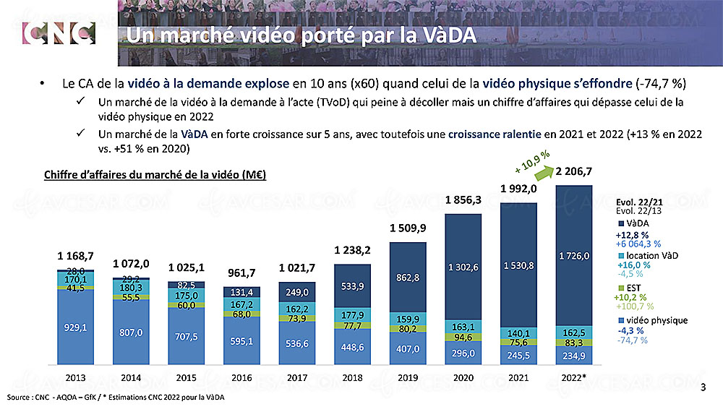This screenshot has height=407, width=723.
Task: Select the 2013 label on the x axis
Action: (74, 377)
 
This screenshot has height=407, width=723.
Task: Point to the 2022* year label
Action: (574, 377)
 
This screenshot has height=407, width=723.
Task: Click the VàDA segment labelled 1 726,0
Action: (575, 255)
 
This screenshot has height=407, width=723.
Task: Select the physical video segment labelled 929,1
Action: (74, 327)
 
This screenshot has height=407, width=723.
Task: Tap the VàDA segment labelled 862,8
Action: (408, 277)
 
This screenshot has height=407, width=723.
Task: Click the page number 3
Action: (703, 387)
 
